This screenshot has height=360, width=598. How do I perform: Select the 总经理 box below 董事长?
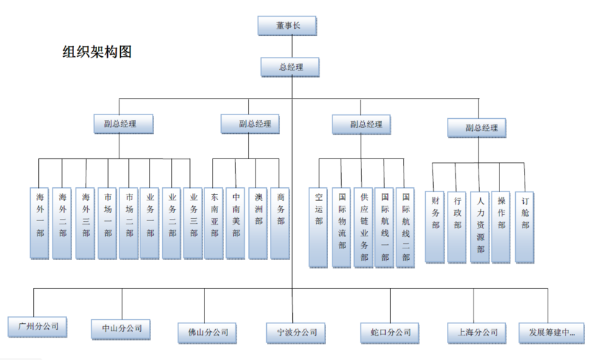tap(291, 67)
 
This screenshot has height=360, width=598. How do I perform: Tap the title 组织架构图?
tap(96, 52)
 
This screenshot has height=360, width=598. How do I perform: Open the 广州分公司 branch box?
tap(38, 325)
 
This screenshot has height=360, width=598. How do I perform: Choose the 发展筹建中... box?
tap(551, 333)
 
